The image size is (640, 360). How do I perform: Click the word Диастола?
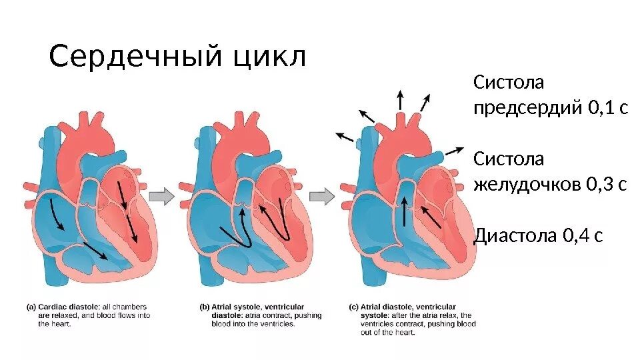[x=515, y=235]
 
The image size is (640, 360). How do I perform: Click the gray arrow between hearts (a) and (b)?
[x=161, y=196]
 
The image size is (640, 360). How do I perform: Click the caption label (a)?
[x=31, y=307]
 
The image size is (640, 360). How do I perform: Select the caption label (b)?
[x=205, y=307]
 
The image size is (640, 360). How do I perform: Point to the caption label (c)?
[x=354, y=307]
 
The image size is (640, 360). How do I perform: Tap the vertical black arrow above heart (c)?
[x=400, y=100]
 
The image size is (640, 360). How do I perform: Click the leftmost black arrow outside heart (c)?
[x=344, y=137]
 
